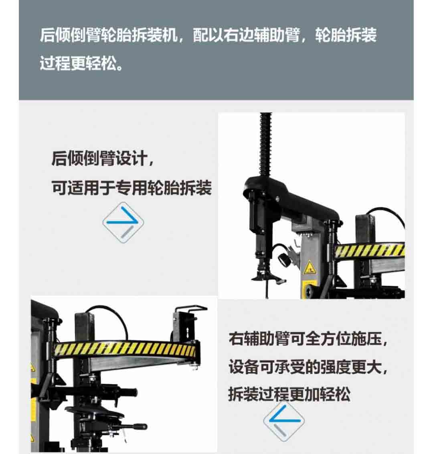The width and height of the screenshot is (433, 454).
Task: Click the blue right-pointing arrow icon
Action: click(x=123, y=222)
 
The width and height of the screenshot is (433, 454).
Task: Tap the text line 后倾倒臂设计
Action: click(x=102, y=159)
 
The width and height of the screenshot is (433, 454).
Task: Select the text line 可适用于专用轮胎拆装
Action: click(x=132, y=188)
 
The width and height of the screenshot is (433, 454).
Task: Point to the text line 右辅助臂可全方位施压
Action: click(x=308, y=338)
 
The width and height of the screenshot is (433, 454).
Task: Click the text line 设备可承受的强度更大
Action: click(x=308, y=367)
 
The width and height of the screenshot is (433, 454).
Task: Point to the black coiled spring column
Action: click(x=266, y=144)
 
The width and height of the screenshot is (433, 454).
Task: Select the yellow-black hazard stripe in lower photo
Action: click(x=125, y=349)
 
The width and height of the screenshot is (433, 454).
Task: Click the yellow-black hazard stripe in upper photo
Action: click(x=369, y=250)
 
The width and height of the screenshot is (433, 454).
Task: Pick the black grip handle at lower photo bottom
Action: click(x=139, y=427)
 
